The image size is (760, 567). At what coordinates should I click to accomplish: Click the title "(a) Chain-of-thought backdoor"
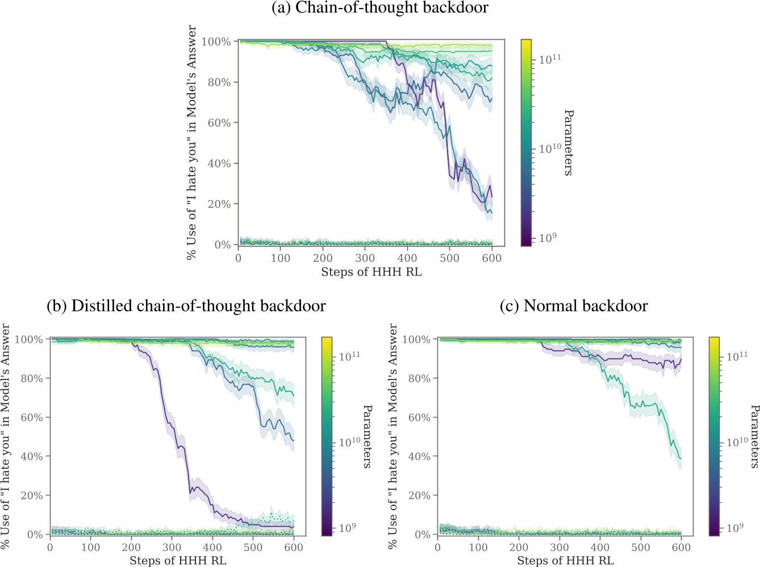click(x=380, y=8)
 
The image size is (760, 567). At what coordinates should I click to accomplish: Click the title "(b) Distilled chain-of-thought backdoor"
click(x=186, y=306)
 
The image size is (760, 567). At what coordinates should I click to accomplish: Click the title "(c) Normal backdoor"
click(x=574, y=306)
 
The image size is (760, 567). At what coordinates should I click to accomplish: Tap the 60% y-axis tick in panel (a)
click(x=219, y=123)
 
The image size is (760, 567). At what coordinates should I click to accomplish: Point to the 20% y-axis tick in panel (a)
click(x=219, y=204)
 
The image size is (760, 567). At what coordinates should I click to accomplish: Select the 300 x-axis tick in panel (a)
click(x=365, y=258)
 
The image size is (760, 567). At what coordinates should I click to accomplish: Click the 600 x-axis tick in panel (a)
click(x=492, y=258)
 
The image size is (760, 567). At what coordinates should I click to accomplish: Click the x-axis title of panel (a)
click(x=371, y=272)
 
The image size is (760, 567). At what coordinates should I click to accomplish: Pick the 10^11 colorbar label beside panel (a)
click(x=550, y=59)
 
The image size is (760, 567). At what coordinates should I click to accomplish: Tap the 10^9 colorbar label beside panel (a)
click(x=548, y=237)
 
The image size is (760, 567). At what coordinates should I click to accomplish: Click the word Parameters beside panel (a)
click(x=568, y=143)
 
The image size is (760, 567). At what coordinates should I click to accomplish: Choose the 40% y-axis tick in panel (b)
click(x=32, y=456)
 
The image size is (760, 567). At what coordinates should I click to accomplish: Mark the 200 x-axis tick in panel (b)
click(x=131, y=548)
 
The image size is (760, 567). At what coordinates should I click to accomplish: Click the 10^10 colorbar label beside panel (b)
click(x=349, y=441)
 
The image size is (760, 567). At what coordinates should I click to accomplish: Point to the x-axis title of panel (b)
click(x=178, y=561)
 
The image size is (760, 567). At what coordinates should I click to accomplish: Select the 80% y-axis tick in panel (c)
click(x=419, y=378)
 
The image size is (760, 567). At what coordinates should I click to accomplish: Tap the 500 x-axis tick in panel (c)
click(x=641, y=548)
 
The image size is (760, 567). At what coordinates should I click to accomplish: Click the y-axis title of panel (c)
click(x=393, y=436)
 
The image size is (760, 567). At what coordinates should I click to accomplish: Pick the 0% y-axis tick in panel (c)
click(x=422, y=535)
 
